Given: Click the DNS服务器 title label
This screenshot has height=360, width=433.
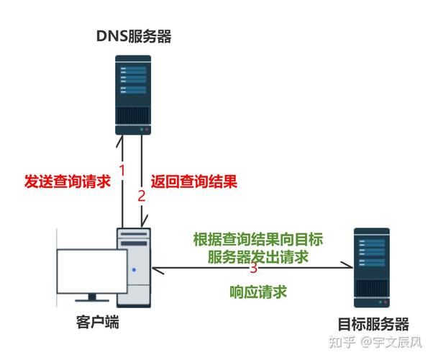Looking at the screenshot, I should tap(133, 36).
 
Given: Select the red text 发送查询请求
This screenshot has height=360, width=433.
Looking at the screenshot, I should tap(68, 181).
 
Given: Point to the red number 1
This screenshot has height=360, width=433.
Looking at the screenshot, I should tap(122, 171).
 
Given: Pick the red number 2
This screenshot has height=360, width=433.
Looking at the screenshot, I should tap(141, 194).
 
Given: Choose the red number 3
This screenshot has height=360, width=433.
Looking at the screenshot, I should tap(253, 269).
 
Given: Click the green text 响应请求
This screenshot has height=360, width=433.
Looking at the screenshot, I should tap(258, 292).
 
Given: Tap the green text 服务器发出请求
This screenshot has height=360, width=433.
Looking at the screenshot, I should tap(257, 256).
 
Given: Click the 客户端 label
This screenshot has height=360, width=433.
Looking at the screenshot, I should tap(96, 321).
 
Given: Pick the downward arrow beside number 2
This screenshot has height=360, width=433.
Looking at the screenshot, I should tap(146, 180).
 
